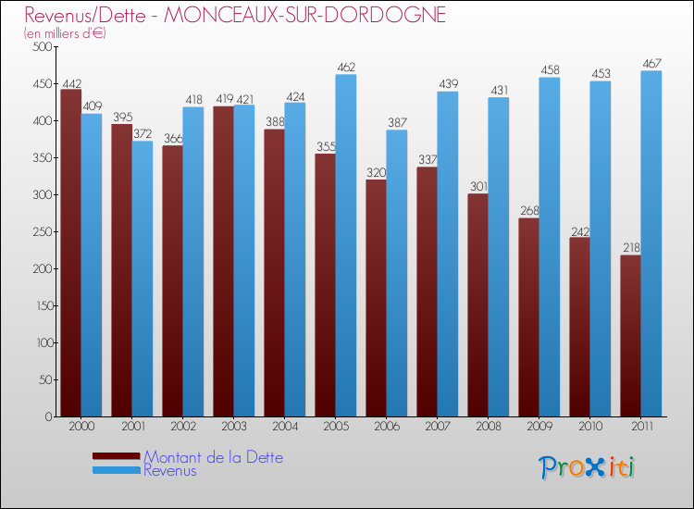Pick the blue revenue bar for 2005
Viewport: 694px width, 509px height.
pos(346,245)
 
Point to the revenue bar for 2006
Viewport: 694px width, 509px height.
pos(397,273)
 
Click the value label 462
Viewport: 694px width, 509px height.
pos(346,67)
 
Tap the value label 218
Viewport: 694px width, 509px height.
pos(630,248)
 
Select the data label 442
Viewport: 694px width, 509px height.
pos(70,81)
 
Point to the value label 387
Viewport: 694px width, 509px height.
pos(397,122)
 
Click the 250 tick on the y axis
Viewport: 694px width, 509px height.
pos(41,231)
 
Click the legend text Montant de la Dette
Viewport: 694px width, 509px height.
pos(213,457)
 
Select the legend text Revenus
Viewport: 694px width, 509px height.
pos(169,470)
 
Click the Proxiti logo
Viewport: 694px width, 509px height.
pos(587,467)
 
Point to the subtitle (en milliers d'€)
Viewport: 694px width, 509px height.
pos(65,33)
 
